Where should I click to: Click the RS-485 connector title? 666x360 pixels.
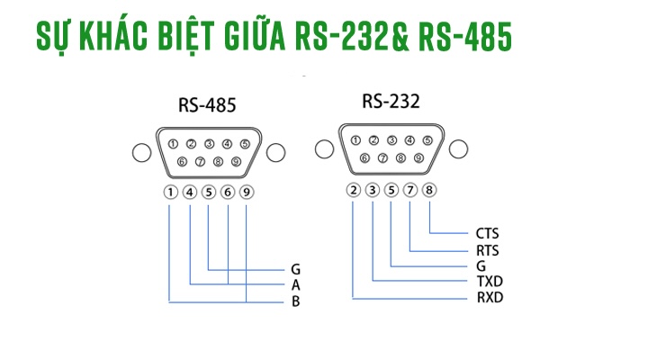pos(207,105)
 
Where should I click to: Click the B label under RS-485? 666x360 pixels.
pos(295,301)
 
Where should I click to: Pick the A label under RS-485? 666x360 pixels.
pos(295,284)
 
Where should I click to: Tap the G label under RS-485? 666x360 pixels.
pos(295,268)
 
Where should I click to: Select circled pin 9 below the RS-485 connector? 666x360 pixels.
pos(246,192)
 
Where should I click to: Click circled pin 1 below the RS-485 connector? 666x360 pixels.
pos(170,192)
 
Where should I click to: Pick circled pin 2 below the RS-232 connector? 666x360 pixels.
pos(354,190)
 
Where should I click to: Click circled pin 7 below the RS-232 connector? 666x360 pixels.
pos(410,190)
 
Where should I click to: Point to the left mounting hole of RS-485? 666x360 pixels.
pos(140,152)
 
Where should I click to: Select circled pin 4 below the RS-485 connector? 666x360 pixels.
pos(190,192)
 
